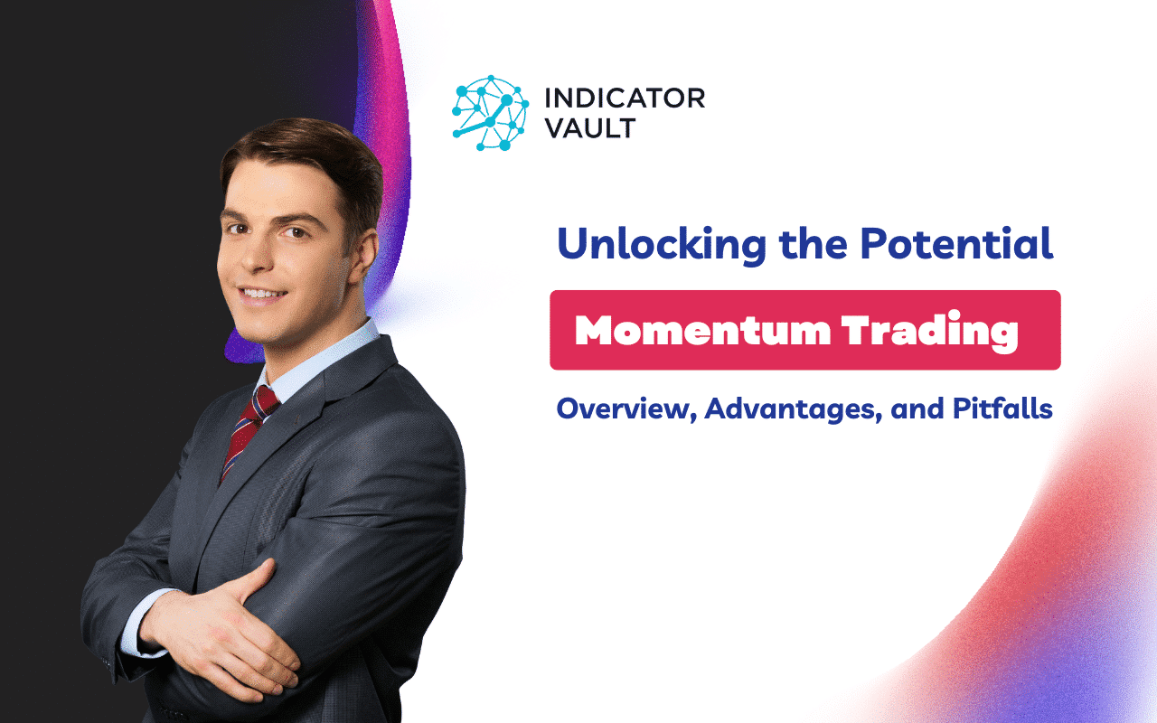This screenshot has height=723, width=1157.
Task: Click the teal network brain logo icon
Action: pos(489,114)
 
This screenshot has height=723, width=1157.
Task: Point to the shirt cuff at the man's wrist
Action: pos(136,624)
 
